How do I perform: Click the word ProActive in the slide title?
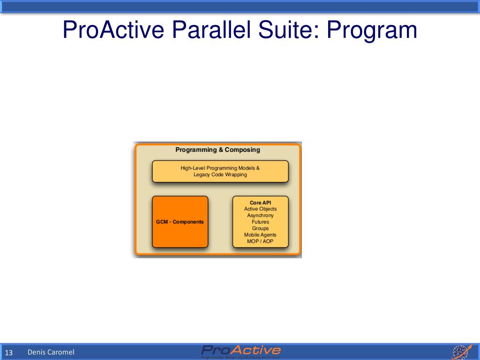[113, 30]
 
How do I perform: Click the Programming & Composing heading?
[217, 150]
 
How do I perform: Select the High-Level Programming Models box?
[220, 171]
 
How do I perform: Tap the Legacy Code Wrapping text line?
[220, 175]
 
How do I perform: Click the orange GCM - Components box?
[180, 222]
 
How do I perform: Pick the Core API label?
[260, 202]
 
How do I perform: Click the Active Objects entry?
[260, 209]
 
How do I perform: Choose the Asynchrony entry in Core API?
[260, 216]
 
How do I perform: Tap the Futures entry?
[260, 222]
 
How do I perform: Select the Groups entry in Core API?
[260, 228]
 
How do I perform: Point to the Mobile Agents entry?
[260, 235]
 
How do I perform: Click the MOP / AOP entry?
[260, 241]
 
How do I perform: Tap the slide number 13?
[8, 352]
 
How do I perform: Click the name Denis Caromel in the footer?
[51, 352]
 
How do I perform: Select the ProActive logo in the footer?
[241, 350]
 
